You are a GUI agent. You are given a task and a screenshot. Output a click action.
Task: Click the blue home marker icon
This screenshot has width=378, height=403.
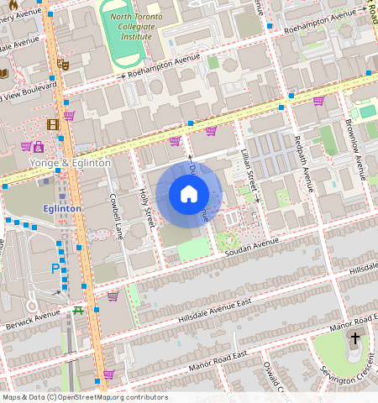tap(189, 195)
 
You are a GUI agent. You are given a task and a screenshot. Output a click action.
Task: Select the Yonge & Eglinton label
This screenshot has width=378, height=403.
tap(70, 162)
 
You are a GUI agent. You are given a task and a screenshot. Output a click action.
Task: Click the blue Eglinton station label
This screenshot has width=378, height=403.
tap(63, 208)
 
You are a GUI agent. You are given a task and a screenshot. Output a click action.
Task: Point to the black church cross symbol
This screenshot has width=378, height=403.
tap(354, 339)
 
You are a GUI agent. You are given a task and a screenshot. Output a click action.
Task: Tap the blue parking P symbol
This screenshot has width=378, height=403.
tap(56, 269)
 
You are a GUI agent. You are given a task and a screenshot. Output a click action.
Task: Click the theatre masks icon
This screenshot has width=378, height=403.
tap(63, 65)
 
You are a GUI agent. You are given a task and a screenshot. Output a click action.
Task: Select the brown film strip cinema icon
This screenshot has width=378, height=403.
tap(54, 125)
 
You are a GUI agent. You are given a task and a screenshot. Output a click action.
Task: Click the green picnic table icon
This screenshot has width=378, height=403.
tap(79, 310)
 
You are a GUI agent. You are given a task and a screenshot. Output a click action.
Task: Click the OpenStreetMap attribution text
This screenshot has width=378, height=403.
tap(85, 397)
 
